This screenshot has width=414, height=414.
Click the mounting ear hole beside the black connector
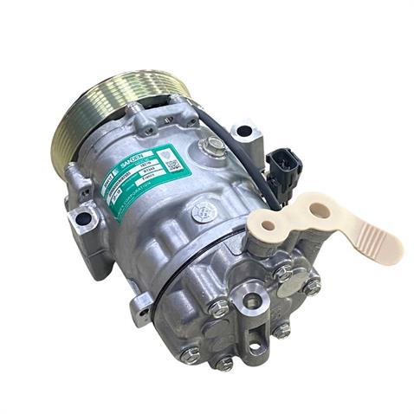pos(245,131)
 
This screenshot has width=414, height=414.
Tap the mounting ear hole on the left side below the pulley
pos(83,219)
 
